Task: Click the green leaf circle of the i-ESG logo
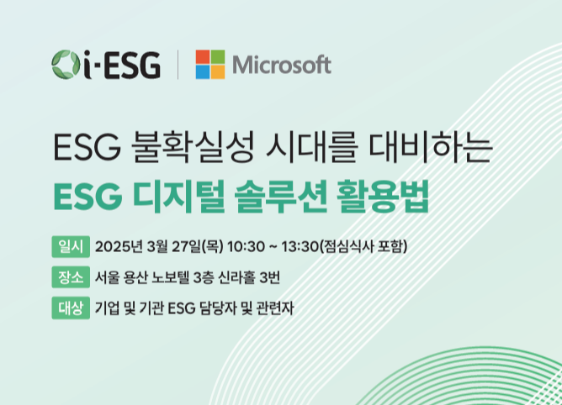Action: (x=66, y=65)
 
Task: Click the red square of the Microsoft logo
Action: (x=203, y=56)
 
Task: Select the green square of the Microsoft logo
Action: (x=218, y=56)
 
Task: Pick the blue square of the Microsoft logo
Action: (x=203, y=72)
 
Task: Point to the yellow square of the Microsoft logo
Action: (x=218, y=72)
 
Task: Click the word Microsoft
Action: (x=282, y=65)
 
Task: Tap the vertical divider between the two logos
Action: (x=178, y=65)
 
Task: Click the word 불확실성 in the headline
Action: (x=193, y=148)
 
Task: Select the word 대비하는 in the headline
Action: (x=431, y=148)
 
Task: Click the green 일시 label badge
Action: (x=71, y=246)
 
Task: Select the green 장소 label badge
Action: (x=71, y=277)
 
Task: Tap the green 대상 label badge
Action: (x=71, y=308)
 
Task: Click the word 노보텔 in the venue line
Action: (x=170, y=277)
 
